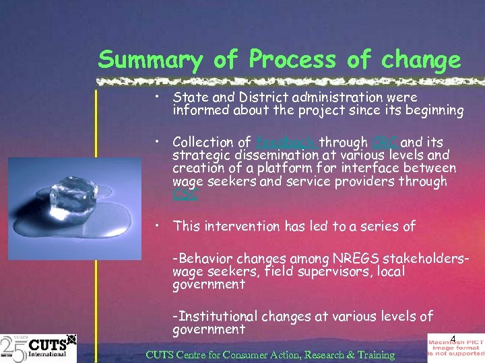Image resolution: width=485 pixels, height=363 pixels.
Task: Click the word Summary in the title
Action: pyautogui.click(x=150, y=61)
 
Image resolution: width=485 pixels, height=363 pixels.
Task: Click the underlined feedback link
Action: pyautogui.click(x=286, y=142)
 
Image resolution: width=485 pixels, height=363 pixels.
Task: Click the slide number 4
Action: pyautogui.click(x=453, y=339)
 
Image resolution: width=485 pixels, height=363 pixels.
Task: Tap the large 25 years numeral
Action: pyautogui.click(x=13, y=348)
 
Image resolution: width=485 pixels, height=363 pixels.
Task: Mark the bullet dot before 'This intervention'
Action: pyautogui.click(x=156, y=225)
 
